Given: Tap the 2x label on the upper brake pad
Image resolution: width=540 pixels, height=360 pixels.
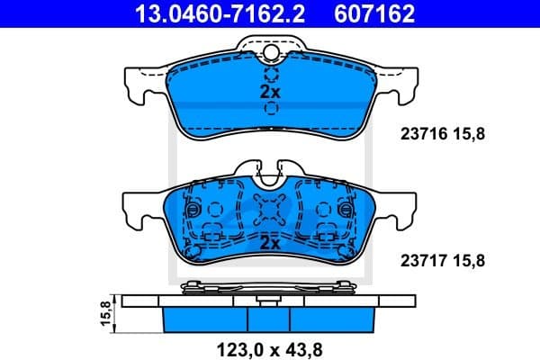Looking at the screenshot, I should click(270, 92).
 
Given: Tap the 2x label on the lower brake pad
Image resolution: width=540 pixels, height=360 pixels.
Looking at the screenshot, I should click(270, 243).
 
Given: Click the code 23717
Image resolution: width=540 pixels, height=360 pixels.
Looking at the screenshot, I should click(421, 261).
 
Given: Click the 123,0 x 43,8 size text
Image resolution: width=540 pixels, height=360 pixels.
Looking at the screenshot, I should click(270, 346).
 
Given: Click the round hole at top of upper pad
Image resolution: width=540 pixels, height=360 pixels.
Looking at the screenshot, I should click(270, 54).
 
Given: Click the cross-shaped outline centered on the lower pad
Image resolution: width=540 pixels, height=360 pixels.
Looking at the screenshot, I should click(270, 211).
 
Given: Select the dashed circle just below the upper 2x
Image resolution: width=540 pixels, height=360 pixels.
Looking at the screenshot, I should click(270, 109).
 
